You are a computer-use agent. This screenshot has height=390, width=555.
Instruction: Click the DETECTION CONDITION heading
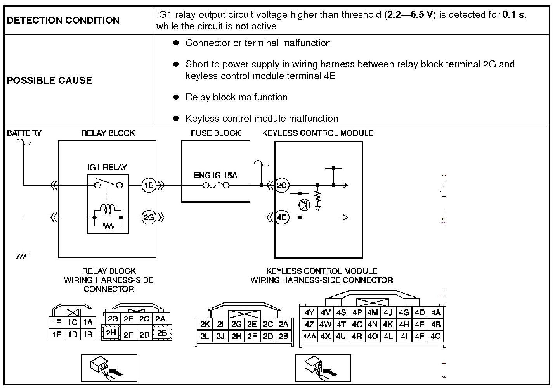[x=63, y=20]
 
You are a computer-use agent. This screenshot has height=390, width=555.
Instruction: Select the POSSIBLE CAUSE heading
[x=49, y=80]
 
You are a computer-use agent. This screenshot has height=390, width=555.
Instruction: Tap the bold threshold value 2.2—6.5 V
[x=410, y=15]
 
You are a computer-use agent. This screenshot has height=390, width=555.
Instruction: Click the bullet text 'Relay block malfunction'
[x=236, y=97]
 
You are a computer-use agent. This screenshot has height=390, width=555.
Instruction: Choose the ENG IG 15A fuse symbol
[x=216, y=185]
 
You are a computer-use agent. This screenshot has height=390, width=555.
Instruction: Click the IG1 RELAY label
[x=107, y=167]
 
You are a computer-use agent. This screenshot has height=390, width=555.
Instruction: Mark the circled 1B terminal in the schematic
[x=149, y=185]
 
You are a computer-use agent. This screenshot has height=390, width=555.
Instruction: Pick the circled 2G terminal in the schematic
[x=149, y=217]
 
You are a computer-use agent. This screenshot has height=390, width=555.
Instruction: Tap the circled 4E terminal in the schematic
[x=282, y=217]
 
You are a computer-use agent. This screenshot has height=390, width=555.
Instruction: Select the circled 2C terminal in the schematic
[x=282, y=185]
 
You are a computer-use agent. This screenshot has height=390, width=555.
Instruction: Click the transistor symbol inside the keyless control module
[x=304, y=205]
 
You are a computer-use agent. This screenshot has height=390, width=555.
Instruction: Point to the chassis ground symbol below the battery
[x=23, y=256]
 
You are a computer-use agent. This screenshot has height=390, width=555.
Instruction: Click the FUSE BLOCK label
[x=215, y=133]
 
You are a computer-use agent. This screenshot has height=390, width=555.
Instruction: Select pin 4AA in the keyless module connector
[x=309, y=336]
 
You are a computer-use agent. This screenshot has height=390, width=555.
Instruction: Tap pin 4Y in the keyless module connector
[x=309, y=312]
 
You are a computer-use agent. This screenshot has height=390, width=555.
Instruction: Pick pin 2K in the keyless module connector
[x=205, y=324]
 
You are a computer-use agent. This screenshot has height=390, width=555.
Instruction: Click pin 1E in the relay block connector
[x=57, y=323]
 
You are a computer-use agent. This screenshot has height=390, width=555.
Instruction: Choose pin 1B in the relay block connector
[x=88, y=334]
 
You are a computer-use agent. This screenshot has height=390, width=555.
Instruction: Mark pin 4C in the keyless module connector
[x=435, y=336]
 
